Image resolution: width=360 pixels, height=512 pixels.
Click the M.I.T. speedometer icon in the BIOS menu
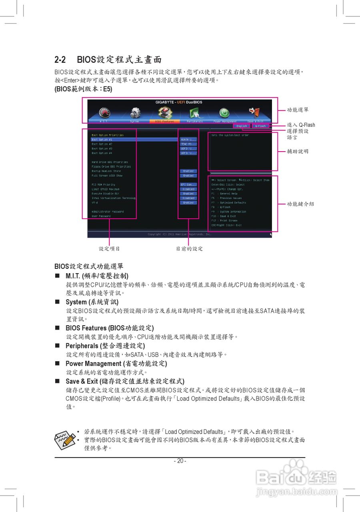(x=104, y=112)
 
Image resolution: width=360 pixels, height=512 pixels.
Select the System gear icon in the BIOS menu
(x=135, y=112)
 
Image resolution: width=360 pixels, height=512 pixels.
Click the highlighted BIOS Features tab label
(x=164, y=121)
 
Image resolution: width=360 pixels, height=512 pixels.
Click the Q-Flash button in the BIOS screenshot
(x=260, y=126)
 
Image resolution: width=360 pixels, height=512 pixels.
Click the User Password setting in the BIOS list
(x=101, y=216)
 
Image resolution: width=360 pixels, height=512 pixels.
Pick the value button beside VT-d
(x=188, y=203)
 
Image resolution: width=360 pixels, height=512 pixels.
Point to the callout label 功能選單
(x=298, y=110)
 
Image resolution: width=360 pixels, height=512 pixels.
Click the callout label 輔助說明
(x=298, y=152)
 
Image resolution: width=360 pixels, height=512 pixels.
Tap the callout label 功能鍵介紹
(x=300, y=204)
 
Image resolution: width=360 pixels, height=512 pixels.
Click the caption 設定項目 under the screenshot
(x=109, y=249)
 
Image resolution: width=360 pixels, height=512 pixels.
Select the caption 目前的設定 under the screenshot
(x=189, y=249)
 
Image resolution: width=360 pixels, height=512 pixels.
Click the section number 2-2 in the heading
(x=60, y=60)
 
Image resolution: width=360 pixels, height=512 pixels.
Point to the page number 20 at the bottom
(x=180, y=461)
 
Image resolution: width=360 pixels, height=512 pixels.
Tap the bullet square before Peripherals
(x=57, y=346)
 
